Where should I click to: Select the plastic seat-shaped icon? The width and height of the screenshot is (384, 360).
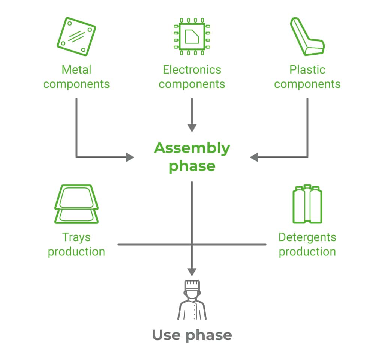click(x=307, y=37)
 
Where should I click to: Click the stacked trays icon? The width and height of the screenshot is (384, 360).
click(x=76, y=204)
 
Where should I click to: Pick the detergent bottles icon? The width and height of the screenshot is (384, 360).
click(x=307, y=204)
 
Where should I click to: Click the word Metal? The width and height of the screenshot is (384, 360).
click(x=76, y=70)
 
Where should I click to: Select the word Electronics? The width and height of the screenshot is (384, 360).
click(x=192, y=70)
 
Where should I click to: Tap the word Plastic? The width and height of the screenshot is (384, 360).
click(x=307, y=70)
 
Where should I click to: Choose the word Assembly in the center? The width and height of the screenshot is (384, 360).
click(x=192, y=148)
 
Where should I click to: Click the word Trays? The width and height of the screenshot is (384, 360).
click(x=76, y=237)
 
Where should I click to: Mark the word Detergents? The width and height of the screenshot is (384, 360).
click(x=307, y=237)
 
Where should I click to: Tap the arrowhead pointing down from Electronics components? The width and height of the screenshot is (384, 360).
click(x=192, y=128)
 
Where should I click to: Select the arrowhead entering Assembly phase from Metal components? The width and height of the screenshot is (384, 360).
click(x=130, y=157)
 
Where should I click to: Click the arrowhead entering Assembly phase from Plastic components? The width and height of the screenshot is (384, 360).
click(x=254, y=157)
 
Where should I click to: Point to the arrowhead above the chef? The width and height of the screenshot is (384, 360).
click(x=192, y=271)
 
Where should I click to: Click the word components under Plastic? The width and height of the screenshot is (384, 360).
click(x=307, y=84)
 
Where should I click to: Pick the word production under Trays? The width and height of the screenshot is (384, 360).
click(x=76, y=252)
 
